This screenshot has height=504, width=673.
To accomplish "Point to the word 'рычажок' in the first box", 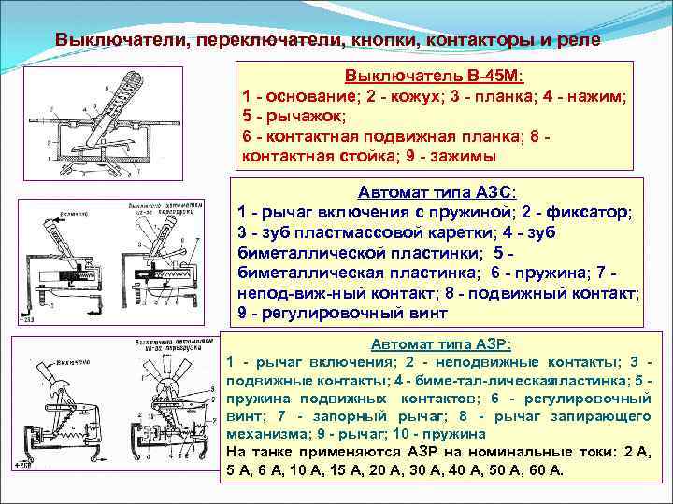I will [297, 117].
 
